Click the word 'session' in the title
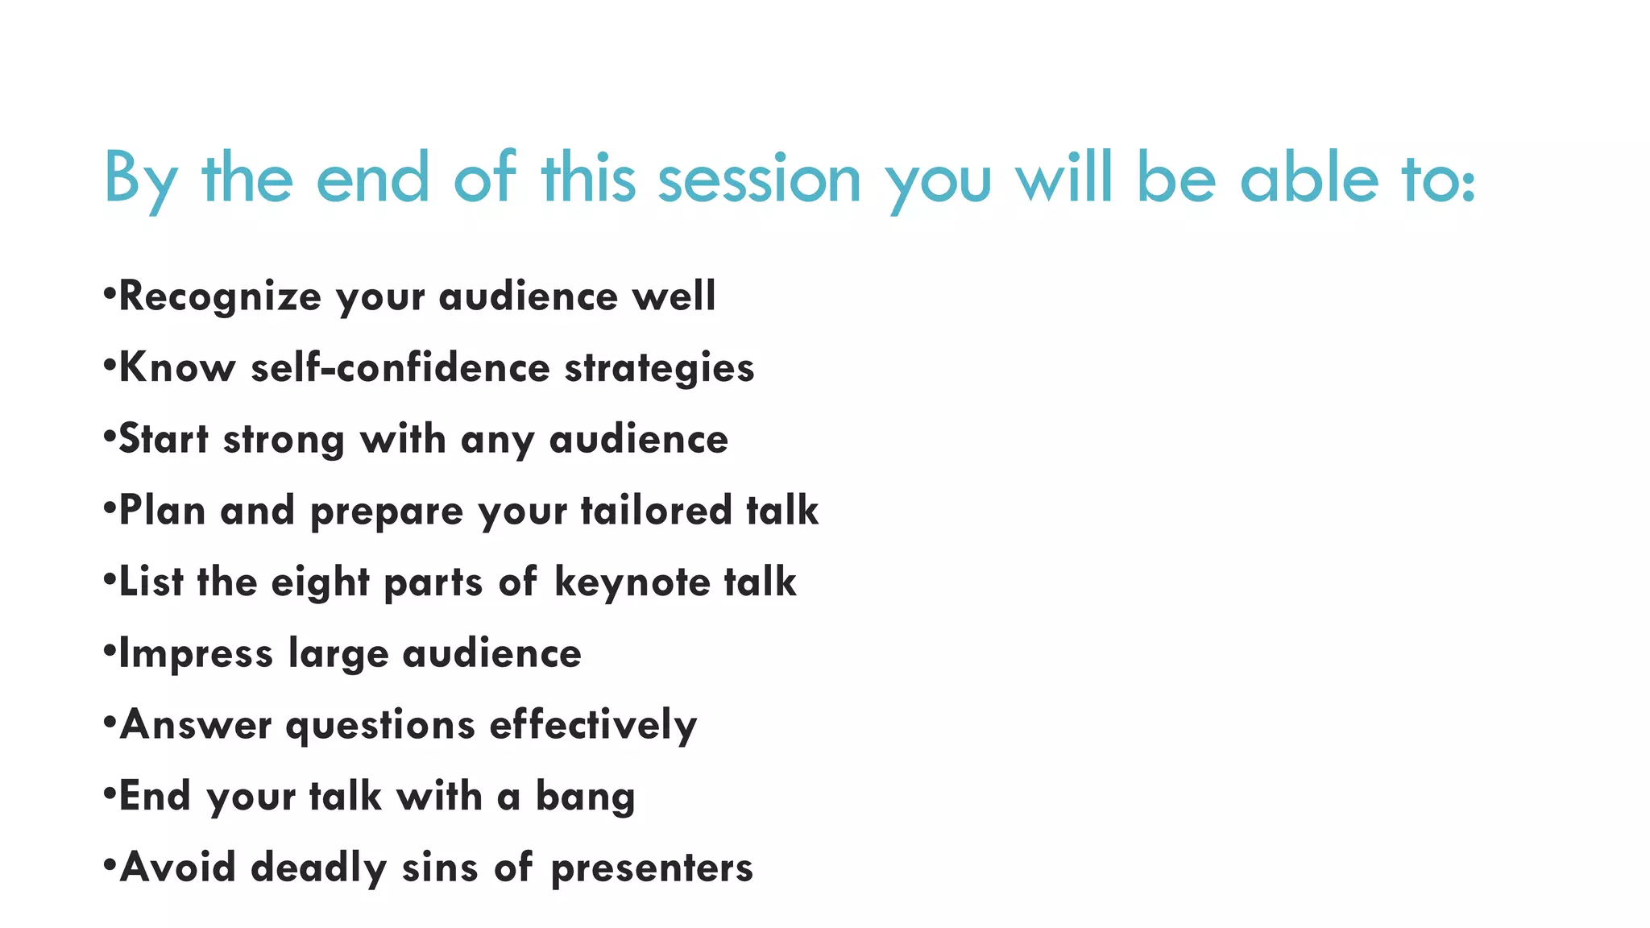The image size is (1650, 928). tap(759, 179)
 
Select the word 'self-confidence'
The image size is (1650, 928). tap(400, 368)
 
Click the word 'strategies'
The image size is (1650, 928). tap(659, 369)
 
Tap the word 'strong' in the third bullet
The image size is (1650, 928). tap(284, 440)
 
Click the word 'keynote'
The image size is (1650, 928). tap(632, 582)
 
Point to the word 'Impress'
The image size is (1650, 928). tap(196, 654)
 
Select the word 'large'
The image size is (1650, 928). tap(338, 654)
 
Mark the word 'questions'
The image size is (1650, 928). tap(380, 726)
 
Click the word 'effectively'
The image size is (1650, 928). tap(593, 725)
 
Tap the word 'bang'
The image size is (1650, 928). tap(585, 797)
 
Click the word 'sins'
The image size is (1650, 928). tap(440, 868)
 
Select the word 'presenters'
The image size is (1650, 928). tap(652, 869)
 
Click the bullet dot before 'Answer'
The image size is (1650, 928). tap(110, 718)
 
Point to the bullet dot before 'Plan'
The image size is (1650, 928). tap(110, 503)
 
